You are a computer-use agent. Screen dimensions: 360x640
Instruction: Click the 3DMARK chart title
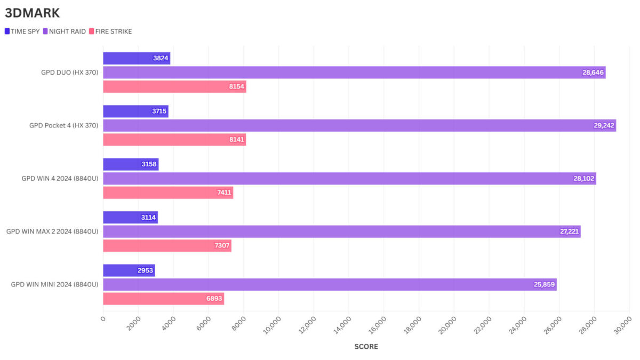[33, 13]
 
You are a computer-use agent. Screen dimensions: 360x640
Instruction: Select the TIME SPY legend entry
[22, 31]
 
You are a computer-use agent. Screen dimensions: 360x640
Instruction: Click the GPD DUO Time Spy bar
[136, 59]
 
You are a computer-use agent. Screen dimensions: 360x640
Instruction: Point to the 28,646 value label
[593, 73]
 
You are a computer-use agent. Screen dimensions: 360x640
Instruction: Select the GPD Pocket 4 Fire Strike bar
[174, 140]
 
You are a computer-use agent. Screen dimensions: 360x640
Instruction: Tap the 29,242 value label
[604, 126]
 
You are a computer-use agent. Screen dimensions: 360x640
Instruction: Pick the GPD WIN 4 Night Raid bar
[349, 179]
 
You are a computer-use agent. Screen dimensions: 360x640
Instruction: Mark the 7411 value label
[224, 193]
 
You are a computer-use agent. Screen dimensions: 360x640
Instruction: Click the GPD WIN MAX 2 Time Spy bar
[130, 218]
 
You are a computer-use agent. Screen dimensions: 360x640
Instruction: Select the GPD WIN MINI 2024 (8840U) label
[54, 284]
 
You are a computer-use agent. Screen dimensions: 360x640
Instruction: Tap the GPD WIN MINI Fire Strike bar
[163, 299]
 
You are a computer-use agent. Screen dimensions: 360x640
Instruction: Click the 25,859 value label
[545, 285]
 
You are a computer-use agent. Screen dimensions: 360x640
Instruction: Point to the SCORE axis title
[366, 347]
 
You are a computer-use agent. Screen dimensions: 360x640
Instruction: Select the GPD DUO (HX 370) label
[70, 73]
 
